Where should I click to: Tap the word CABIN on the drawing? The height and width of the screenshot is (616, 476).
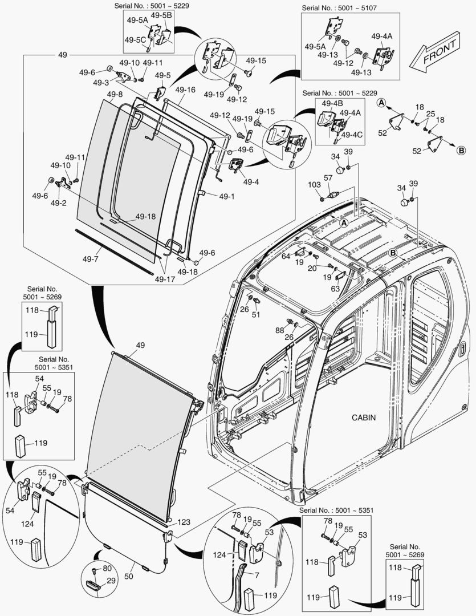coord(363,417)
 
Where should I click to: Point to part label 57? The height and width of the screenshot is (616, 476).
coord(328,179)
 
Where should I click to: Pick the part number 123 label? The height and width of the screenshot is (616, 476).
coord(184,521)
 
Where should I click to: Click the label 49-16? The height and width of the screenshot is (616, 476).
coord(185,90)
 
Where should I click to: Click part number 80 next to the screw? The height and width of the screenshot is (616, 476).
coord(108,569)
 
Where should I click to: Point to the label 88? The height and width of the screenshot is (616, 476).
coord(279,330)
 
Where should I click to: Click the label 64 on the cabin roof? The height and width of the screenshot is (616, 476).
coord(286,256)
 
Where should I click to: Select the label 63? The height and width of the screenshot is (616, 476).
coord(335,289)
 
